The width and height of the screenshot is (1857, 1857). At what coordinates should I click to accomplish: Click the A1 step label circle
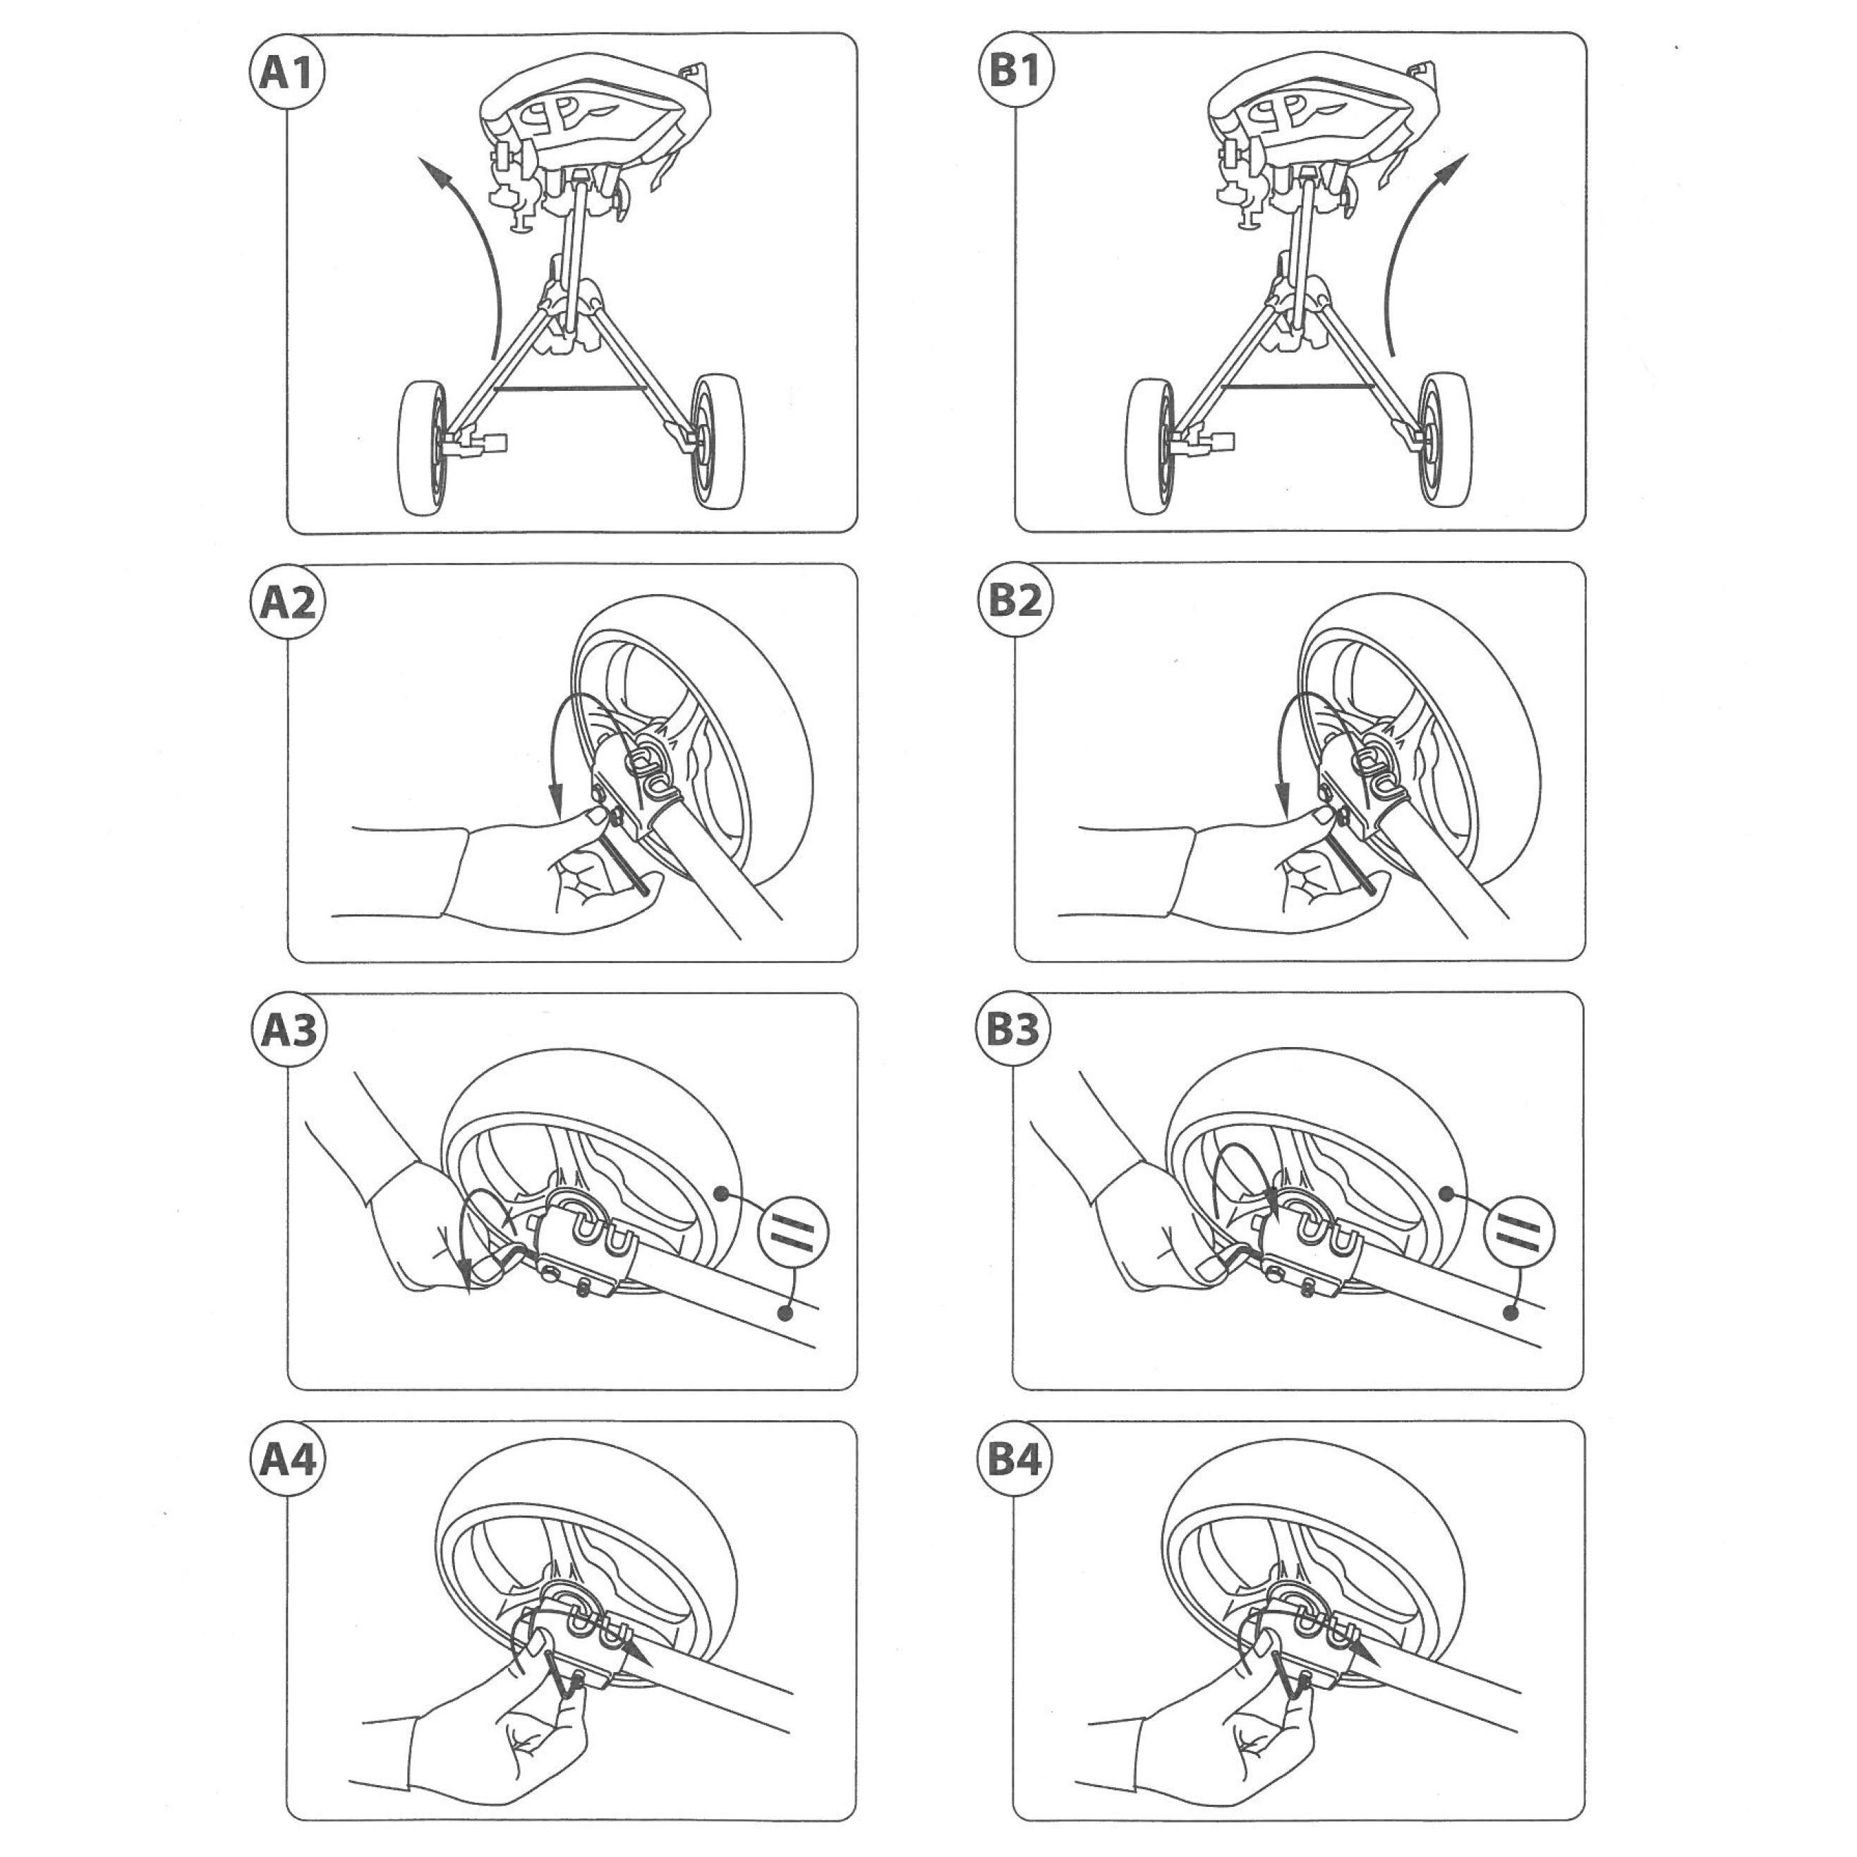point(286,72)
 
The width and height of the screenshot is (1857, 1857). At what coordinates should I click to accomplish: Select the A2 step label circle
point(286,603)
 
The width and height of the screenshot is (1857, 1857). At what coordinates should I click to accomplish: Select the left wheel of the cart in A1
point(425,446)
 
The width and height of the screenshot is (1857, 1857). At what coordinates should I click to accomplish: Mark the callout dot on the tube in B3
point(1512,1313)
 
